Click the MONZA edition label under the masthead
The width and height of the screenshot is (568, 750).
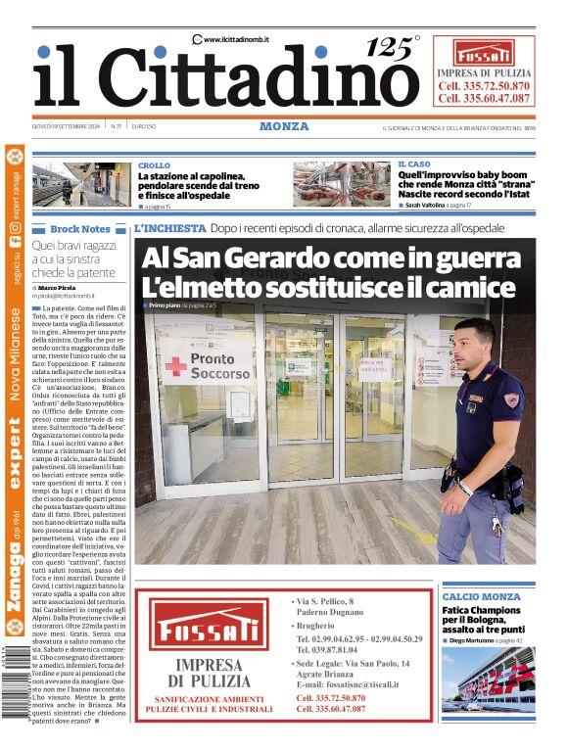[x=284, y=126]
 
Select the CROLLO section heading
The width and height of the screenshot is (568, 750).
[x=154, y=165]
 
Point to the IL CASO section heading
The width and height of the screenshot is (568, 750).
[x=413, y=164]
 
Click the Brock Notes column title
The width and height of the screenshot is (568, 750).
[x=80, y=228]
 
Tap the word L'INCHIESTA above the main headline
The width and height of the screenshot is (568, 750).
[x=170, y=228]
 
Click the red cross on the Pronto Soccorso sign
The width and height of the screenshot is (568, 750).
[x=175, y=366]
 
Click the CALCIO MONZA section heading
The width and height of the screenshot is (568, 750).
[x=481, y=596]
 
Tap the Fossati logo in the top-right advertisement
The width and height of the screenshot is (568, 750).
[x=484, y=54]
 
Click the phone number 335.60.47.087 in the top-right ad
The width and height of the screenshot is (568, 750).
[x=484, y=98]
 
